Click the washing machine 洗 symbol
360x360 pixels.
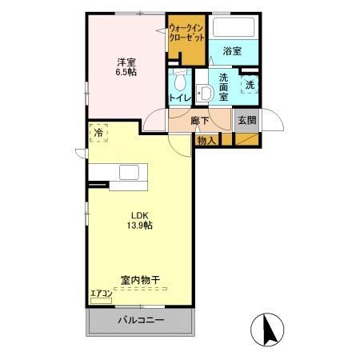pos(250,84)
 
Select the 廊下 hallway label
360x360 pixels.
pos(200,121)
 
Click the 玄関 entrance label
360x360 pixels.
pos(246,121)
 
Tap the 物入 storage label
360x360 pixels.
pos(206,140)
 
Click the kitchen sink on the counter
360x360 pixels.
pos(129,173)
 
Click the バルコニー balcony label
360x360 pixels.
pos(142,321)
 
